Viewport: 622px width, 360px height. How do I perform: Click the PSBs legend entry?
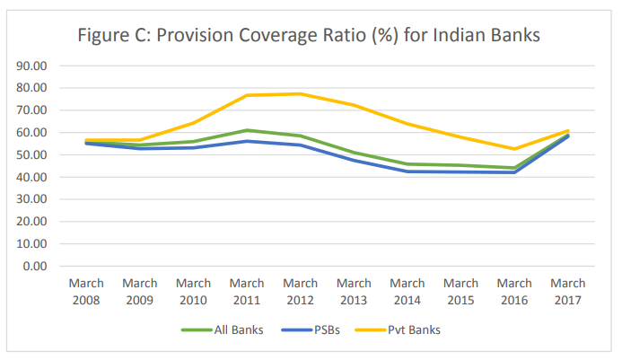(322, 329)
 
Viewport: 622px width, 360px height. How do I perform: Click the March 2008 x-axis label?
(87, 290)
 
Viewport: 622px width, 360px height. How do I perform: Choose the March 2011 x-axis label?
(247, 290)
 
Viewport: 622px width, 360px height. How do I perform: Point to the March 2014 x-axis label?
(407, 290)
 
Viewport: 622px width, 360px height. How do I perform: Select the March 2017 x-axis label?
(567, 290)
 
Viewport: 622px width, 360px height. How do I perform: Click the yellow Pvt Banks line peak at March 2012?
(301, 93)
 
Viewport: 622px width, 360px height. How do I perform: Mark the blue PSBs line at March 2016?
(514, 172)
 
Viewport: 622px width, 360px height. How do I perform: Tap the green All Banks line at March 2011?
(247, 130)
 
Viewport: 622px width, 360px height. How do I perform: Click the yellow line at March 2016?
(514, 149)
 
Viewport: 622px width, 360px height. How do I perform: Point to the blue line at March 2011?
(247, 141)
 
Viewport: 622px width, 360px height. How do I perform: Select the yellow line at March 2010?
(194, 123)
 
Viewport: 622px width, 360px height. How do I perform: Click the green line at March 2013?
(354, 153)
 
